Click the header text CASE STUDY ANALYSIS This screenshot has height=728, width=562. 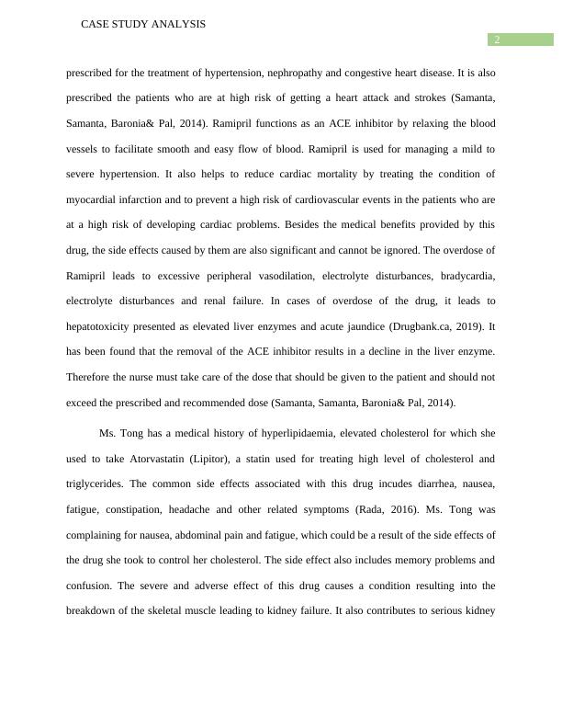143,25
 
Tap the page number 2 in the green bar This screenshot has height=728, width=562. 497,40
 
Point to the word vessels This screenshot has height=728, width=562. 84,148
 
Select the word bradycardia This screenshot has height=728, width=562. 466,276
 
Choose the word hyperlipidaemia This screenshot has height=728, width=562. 276,433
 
